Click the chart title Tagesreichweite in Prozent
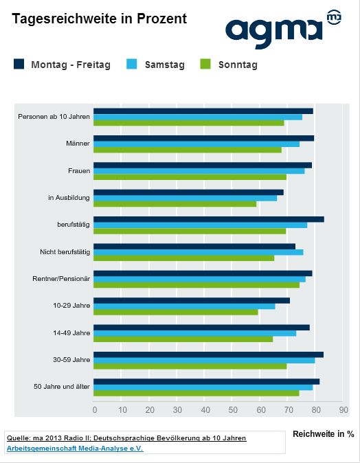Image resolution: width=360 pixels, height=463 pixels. (99, 19)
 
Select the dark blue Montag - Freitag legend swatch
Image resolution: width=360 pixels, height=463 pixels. (19, 64)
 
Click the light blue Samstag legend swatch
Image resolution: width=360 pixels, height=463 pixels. (132, 64)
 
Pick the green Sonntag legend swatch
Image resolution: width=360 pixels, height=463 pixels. (205, 64)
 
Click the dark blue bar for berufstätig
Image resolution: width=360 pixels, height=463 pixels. (209, 219)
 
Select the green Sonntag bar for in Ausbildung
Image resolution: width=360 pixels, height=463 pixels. (175, 204)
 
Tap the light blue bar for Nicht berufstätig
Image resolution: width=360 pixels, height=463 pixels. (198, 252)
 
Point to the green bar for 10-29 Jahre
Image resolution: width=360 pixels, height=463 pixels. (176, 312)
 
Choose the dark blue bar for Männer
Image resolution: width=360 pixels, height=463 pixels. (204, 138)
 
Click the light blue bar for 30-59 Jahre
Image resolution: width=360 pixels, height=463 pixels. (204, 361)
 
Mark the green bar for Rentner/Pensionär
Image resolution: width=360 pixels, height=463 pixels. (196, 285)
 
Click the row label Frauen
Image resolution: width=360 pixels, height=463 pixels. (79, 171)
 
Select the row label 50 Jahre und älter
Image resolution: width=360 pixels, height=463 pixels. (61, 387)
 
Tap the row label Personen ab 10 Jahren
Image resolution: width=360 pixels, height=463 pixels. (54, 117)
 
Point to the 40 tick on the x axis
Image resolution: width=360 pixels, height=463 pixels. (205, 410)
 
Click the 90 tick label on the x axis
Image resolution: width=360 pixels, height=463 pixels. (344, 410)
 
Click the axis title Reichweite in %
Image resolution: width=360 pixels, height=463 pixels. (324, 433)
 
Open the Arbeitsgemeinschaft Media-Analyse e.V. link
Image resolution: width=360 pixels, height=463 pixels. (75, 449)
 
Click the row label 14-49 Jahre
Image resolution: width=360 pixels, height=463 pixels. (71, 333)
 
